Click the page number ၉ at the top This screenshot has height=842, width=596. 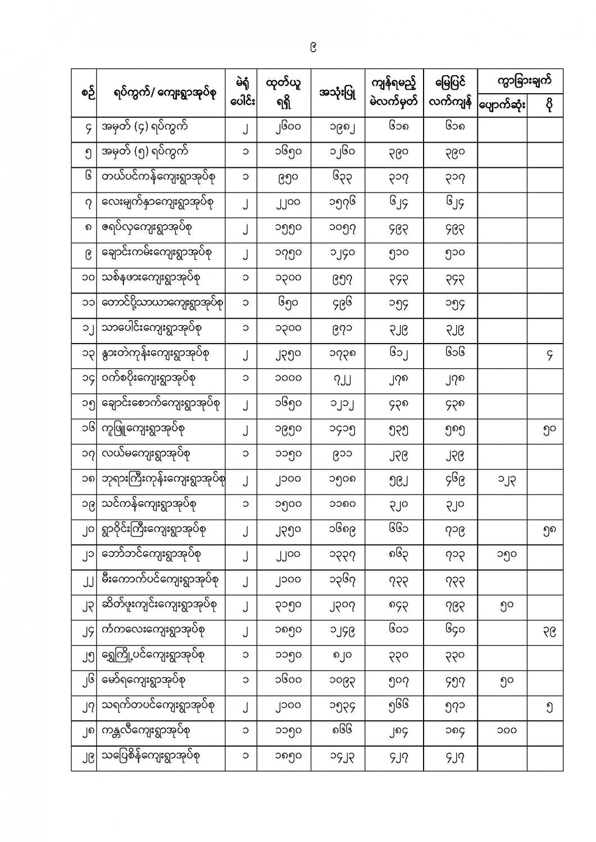tap(313, 48)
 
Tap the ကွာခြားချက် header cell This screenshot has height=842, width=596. tap(520, 80)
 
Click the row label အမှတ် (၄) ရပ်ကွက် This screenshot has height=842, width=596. tap(145, 128)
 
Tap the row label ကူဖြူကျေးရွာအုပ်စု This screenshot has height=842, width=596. tap(143, 429)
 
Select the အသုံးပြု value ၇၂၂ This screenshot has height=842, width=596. tap(338, 380)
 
